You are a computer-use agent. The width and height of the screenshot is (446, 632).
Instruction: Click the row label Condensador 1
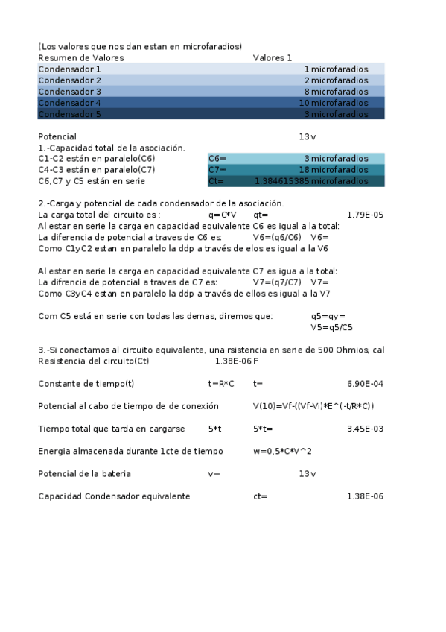point(69,69)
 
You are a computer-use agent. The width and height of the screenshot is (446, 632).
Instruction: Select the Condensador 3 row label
point(69,92)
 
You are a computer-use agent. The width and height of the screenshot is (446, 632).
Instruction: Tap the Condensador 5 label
point(69,115)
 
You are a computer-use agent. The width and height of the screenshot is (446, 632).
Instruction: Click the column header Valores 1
point(273,57)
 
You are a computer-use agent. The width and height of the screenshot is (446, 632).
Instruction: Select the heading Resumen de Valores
point(81,57)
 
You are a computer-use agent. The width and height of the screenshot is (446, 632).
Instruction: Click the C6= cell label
point(217,159)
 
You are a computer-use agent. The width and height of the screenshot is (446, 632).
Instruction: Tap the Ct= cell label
point(217,181)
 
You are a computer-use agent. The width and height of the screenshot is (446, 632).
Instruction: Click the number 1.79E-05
point(365,215)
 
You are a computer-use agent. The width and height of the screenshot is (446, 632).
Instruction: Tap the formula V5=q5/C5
point(331,327)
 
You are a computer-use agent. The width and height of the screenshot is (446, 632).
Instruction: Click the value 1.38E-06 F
point(236,361)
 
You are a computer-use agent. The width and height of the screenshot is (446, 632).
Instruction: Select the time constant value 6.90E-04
point(365,384)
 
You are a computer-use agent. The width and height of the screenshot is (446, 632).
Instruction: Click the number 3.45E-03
point(365,429)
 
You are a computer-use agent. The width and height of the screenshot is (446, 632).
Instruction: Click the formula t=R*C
point(221,384)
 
